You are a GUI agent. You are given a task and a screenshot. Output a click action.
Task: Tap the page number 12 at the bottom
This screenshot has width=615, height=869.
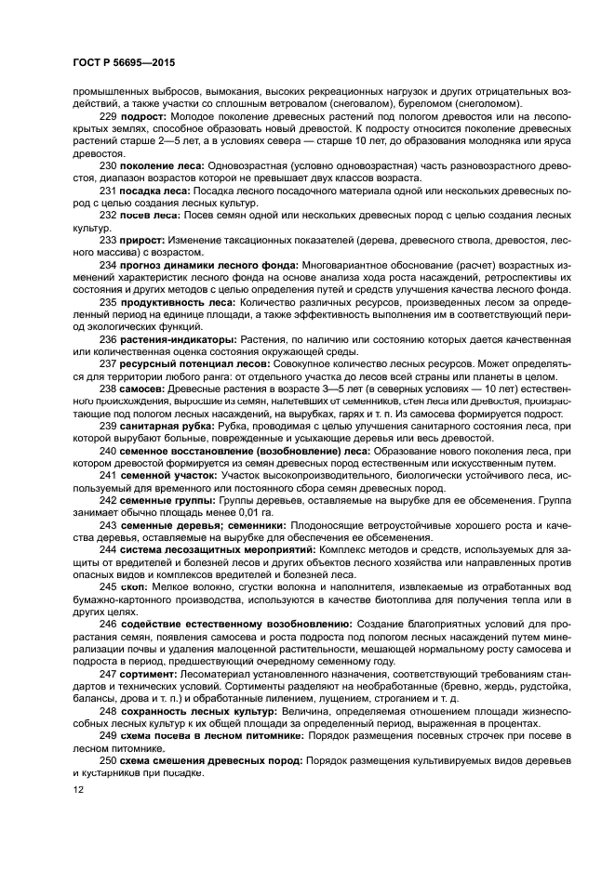coord(77,789)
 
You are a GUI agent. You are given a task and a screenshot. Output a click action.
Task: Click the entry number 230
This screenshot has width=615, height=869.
coord(108,165)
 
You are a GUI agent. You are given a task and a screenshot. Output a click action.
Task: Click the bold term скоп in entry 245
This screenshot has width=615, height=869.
coord(133,586)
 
